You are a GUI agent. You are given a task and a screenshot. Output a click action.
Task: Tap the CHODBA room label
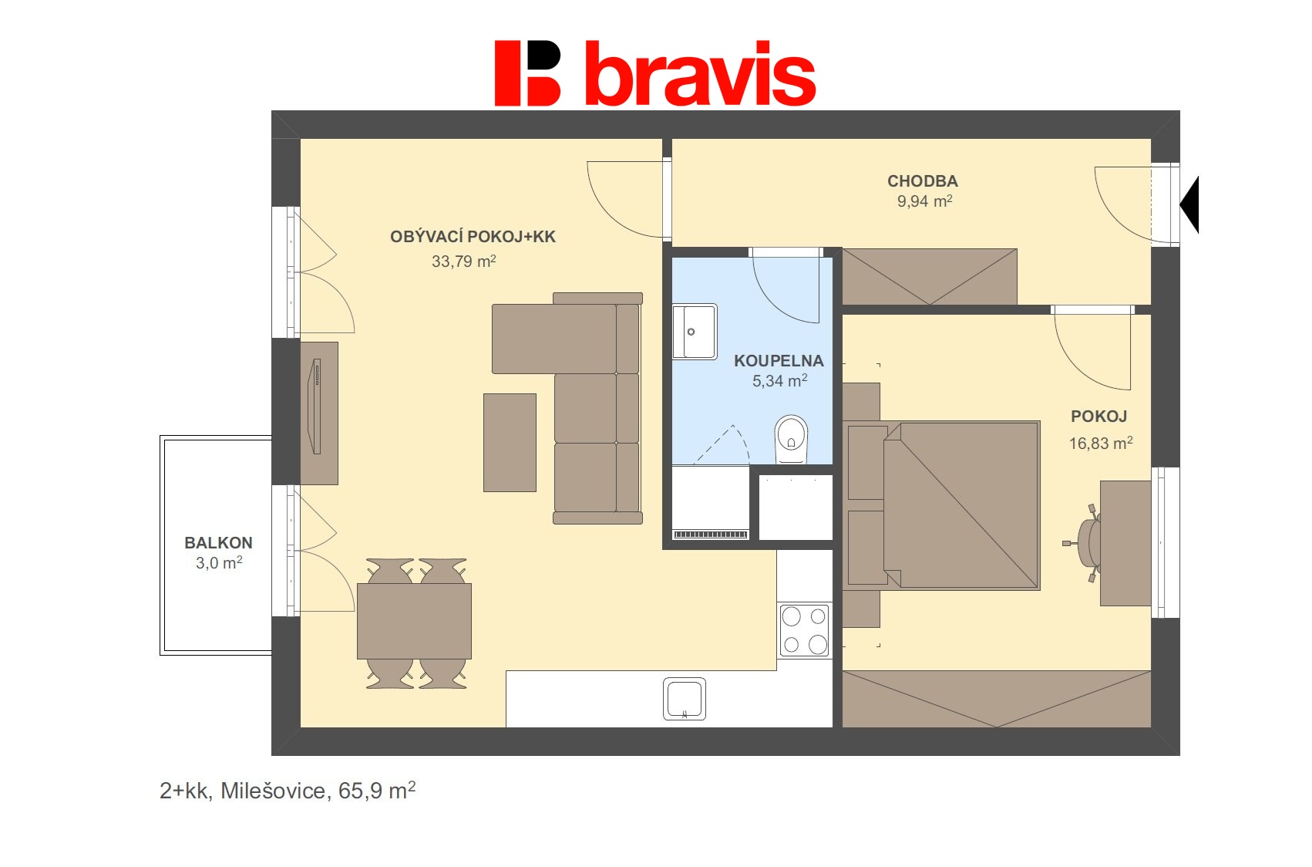[x=922, y=181]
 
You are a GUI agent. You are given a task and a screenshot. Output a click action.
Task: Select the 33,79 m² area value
[x=463, y=261]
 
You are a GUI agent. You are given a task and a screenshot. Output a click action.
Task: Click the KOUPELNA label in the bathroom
[x=779, y=361]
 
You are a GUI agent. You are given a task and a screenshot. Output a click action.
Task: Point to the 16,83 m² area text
[x=1100, y=444]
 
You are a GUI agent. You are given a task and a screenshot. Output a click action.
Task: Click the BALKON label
[x=218, y=543]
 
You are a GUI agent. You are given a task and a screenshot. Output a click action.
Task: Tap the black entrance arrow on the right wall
[x=1189, y=205]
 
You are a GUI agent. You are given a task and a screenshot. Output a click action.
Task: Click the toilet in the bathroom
[x=791, y=440]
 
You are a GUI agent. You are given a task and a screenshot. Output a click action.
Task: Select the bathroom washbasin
[x=694, y=332]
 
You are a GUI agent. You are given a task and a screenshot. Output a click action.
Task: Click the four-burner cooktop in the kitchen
[x=804, y=630]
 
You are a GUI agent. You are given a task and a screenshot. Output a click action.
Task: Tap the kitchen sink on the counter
[x=685, y=699]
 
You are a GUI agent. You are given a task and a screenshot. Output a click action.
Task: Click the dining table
[x=414, y=621]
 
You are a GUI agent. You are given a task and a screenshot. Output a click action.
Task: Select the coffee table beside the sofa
[x=510, y=442]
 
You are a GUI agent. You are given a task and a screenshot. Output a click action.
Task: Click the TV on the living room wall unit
[x=315, y=406]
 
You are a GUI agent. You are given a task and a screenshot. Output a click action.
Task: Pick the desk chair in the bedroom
[x=1087, y=542]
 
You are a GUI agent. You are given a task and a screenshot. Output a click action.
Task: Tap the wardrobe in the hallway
[x=929, y=276]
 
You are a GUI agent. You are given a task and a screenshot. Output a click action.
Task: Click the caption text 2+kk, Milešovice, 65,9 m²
[x=288, y=791]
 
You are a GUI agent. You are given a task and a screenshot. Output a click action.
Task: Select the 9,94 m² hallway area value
[x=924, y=201]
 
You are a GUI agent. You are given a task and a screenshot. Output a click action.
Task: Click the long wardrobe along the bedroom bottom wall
[x=996, y=699]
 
